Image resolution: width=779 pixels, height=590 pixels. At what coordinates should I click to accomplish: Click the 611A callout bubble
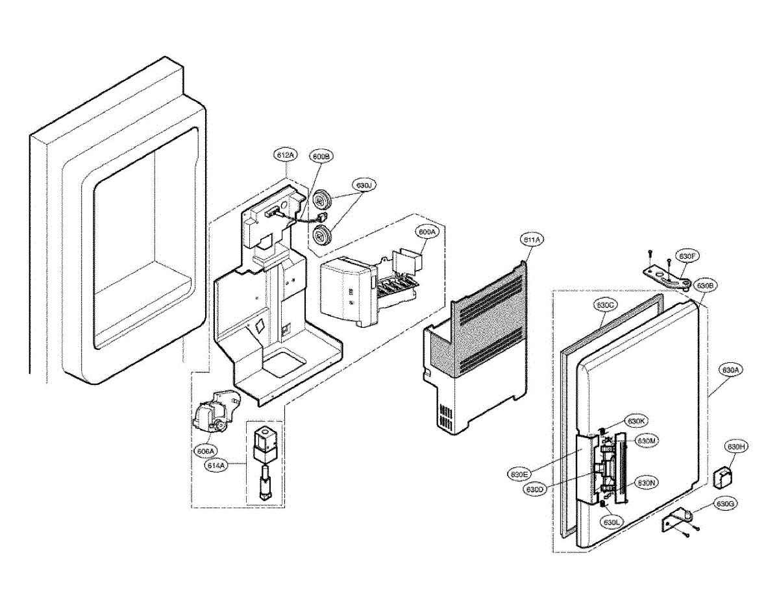tap(531, 240)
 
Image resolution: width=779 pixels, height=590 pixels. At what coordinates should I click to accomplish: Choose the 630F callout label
tap(687, 256)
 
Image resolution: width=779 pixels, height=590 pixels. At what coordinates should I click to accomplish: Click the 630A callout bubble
tap(730, 370)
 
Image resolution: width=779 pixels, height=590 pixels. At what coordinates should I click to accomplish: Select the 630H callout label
tap(736, 447)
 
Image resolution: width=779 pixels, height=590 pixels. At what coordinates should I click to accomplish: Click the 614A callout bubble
tap(217, 465)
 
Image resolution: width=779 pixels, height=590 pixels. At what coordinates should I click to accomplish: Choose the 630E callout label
tap(519, 474)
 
